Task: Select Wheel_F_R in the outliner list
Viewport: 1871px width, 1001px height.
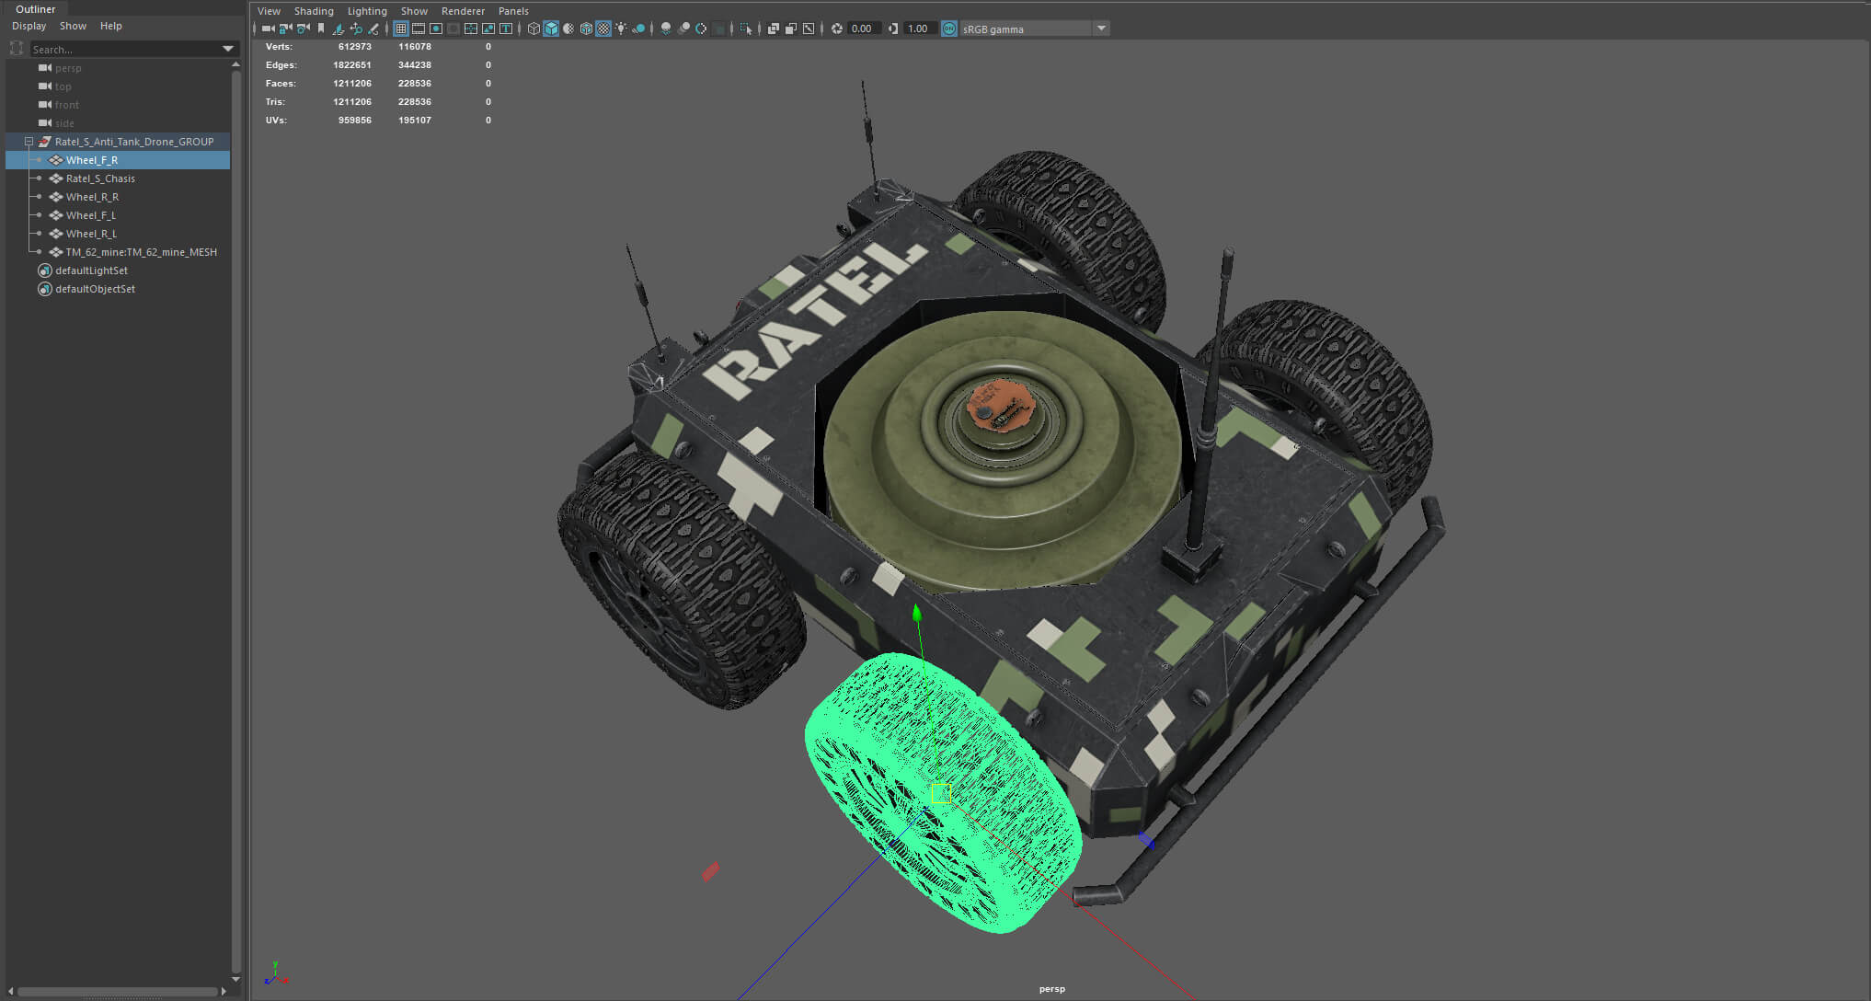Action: (x=92, y=160)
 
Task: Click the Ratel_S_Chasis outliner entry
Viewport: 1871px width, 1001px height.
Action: (x=100, y=178)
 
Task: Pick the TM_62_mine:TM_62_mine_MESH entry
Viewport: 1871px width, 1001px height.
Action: (x=141, y=252)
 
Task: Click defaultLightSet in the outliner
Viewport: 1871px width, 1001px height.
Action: (x=91, y=270)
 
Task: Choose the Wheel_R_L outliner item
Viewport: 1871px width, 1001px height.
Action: (x=91, y=234)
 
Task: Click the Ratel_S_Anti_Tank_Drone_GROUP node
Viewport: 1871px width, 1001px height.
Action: (x=133, y=142)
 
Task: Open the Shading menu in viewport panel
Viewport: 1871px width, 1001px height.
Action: (x=314, y=11)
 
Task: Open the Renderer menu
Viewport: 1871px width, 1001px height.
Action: (x=463, y=11)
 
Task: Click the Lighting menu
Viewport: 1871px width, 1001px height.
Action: (x=367, y=11)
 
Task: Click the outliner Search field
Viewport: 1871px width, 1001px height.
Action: (x=124, y=49)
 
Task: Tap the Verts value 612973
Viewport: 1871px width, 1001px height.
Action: (x=354, y=47)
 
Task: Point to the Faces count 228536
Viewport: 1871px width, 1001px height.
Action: (x=414, y=84)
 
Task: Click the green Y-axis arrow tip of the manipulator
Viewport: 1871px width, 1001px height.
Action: (x=916, y=613)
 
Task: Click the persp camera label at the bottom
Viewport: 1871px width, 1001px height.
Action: (x=1051, y=989)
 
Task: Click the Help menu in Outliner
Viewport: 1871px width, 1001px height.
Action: (x=111, y=26)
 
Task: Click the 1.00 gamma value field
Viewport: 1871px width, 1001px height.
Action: (x=917, y=29)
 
